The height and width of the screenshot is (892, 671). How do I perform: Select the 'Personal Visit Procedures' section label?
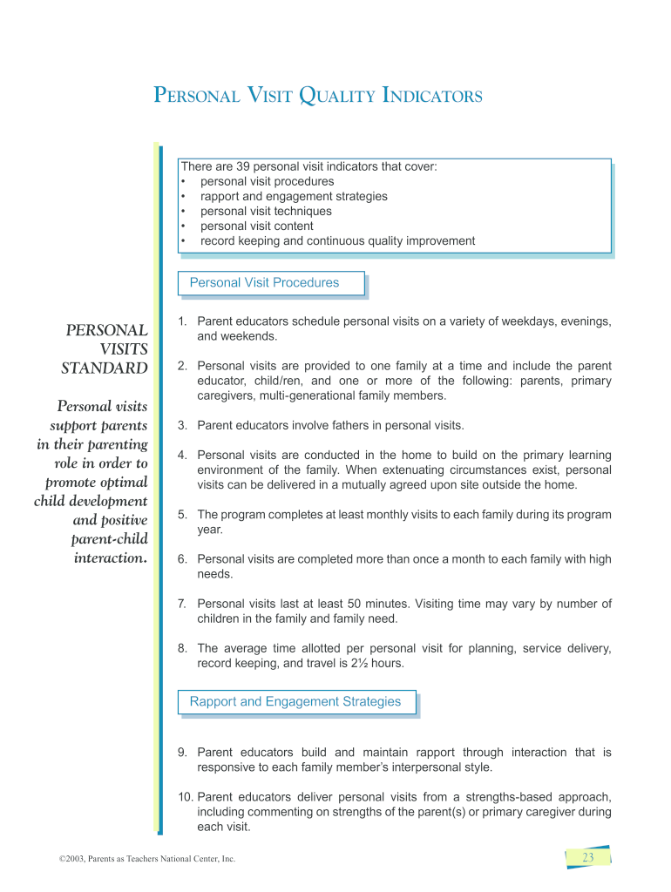tap(264, 282)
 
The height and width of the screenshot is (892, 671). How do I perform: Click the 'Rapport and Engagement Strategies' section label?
tap(295, 701)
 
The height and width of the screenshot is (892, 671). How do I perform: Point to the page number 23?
tap(587, 858)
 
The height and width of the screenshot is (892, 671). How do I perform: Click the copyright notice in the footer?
tap(141, 859)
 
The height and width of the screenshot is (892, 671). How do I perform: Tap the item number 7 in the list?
tap(181, 604)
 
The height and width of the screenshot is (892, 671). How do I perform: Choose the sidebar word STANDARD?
tap(105, 368)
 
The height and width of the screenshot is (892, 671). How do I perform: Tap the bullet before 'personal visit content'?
tap(184, 226)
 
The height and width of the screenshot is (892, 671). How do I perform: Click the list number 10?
tap(185, 797)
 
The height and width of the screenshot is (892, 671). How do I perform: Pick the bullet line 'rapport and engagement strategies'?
tap(294, 196)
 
